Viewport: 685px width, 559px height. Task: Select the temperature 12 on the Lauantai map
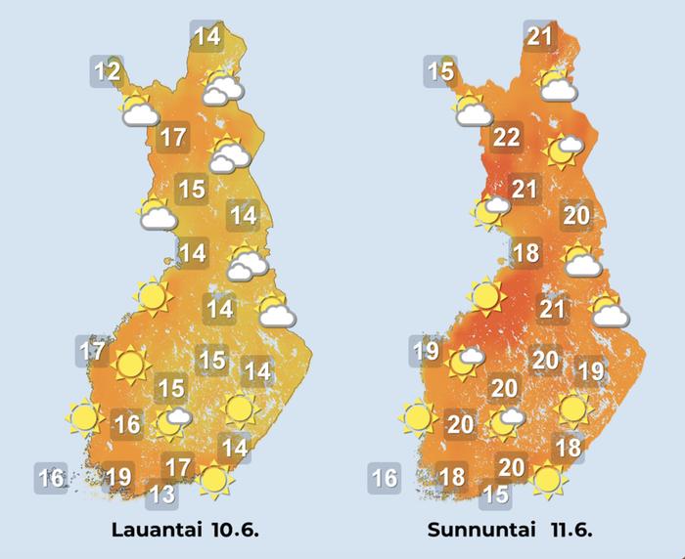click(x=108, y=71)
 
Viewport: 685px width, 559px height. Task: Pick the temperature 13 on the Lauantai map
click(x=162, y=494)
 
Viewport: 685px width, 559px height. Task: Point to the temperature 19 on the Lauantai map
click(x=118, y=477)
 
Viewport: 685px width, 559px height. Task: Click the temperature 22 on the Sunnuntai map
click(x=506, y=138)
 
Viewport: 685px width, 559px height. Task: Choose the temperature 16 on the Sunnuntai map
click(x=385, y=478)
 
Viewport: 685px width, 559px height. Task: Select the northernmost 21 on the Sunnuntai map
click(x=540, y=37)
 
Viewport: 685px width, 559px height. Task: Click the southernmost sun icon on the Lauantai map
click(x=214, y=479)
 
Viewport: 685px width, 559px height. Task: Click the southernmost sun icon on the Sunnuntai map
click(x=548, y=479)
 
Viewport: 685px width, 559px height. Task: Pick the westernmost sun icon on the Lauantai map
click(x=86, y=418)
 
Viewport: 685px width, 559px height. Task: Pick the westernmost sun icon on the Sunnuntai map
click(x=419, y=418)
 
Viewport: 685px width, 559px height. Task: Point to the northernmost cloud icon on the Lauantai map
click(x=224, y=89)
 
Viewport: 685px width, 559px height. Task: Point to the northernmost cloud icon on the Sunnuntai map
click(x=558, y=89)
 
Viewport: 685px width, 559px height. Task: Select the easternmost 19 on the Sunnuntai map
click(x=590, y=371)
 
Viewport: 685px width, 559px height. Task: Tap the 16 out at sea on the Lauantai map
click(x=51, y=478)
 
